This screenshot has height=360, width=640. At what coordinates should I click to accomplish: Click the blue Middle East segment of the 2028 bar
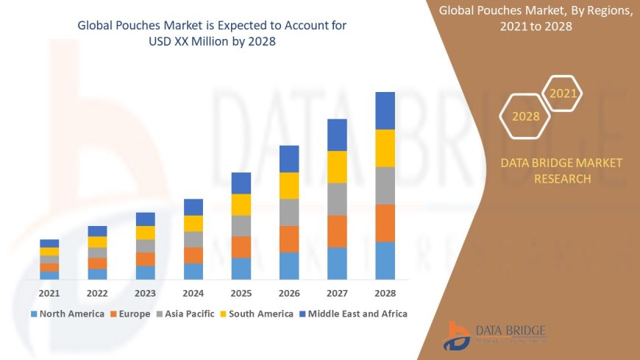click(x=385, y=110)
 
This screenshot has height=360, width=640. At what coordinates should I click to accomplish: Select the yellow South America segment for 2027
click(x=337, y=166)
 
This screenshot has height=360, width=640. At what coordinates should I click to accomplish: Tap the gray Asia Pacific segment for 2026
click(x=289, y=212)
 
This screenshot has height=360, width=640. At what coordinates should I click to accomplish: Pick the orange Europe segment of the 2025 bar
click(x=241, y=247)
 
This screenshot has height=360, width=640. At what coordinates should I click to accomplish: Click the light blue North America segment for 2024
click(x=193, y=271)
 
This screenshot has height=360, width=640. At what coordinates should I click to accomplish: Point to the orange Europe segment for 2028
click(x=385, y=223)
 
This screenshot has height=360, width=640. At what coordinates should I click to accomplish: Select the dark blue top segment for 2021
click(x=49, y=243)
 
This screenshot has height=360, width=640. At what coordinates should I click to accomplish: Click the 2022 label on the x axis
click(x=97, y=293)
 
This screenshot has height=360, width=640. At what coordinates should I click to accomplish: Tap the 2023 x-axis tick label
click(x=145, y=293)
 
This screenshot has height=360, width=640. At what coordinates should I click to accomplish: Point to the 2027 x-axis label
click(x=337, y=293)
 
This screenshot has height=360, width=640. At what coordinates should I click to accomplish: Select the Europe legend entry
click(x=132, y=314)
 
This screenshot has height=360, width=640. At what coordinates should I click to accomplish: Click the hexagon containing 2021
click(x=563, y=93)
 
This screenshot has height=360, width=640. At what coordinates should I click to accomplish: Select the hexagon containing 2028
click(x=525, y=116)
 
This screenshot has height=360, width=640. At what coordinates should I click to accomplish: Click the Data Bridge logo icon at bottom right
click(x=457, y=336)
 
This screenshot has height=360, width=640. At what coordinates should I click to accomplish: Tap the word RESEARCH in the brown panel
click(x=561, y=179)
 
